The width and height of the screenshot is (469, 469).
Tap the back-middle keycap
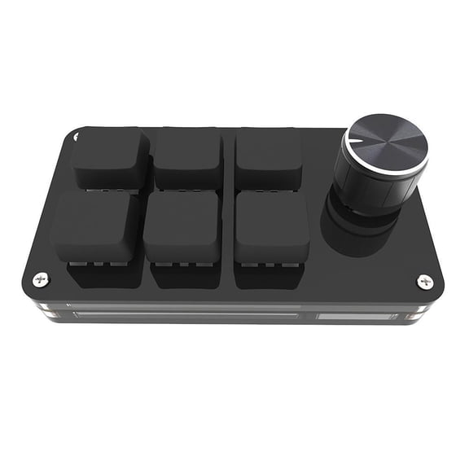point(188,155)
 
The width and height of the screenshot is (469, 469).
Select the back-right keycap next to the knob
point(268,155)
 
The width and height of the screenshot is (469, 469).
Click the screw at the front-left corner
point(41,278)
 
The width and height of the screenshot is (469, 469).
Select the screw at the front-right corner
point(425,282)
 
